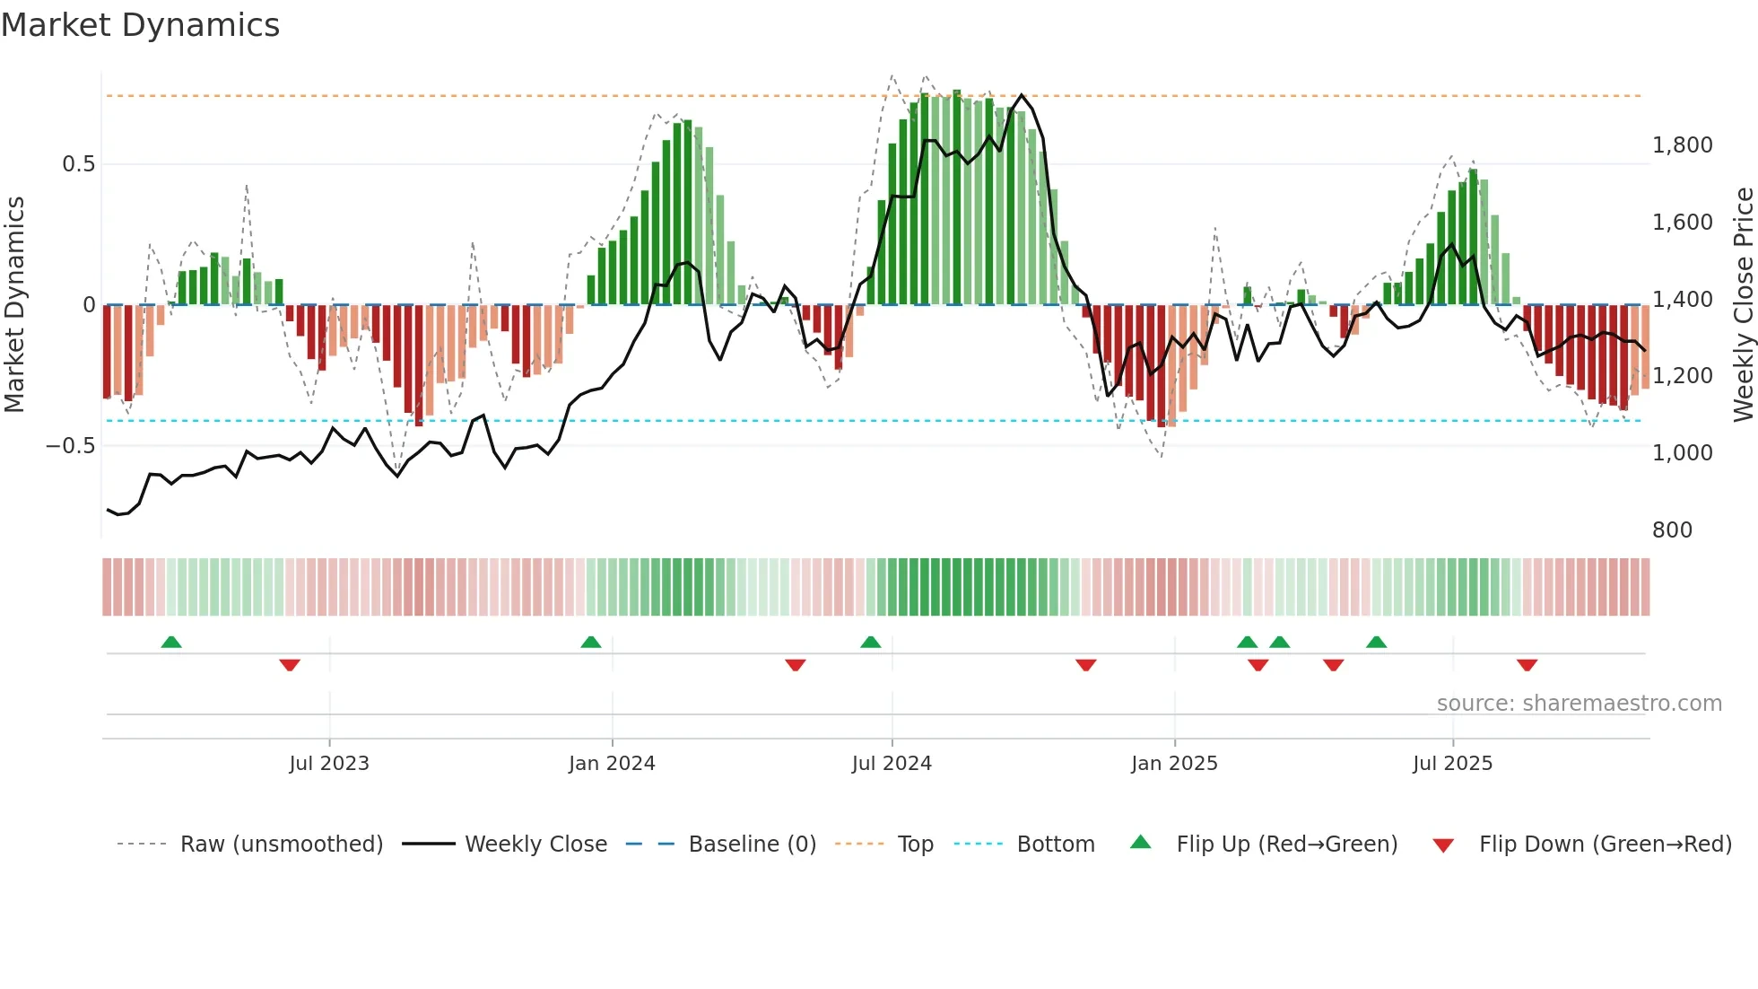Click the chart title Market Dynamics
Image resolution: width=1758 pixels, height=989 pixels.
click(x=140, y=25)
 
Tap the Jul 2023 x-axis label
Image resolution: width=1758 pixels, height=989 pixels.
click(x=329, y=764)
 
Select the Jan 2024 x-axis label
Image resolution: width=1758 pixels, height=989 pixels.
click(x=612, y=764)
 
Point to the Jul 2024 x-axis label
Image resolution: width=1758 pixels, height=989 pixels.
click(x=892, y=764)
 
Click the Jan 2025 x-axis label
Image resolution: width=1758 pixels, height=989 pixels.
click(x=1174, y=764)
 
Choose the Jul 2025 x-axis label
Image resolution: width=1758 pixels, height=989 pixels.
click(x=1452, y=764)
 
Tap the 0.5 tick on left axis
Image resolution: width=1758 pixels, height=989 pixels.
click(x=78, y=164)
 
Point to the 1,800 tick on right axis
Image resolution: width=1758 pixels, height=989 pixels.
click(x=1682, y=145)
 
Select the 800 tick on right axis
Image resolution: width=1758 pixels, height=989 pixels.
click(x=1672, y=530)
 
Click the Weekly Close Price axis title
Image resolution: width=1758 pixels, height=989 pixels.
click(x=1743, y=304)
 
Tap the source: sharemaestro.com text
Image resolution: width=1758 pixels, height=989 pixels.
click(x=1579, y=704)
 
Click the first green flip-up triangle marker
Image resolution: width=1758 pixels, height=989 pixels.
click(x=171, y=642)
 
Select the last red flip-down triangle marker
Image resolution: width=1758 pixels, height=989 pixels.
click(x=1527, y=665)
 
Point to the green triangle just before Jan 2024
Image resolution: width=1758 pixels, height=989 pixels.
click(x=590, y=642)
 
